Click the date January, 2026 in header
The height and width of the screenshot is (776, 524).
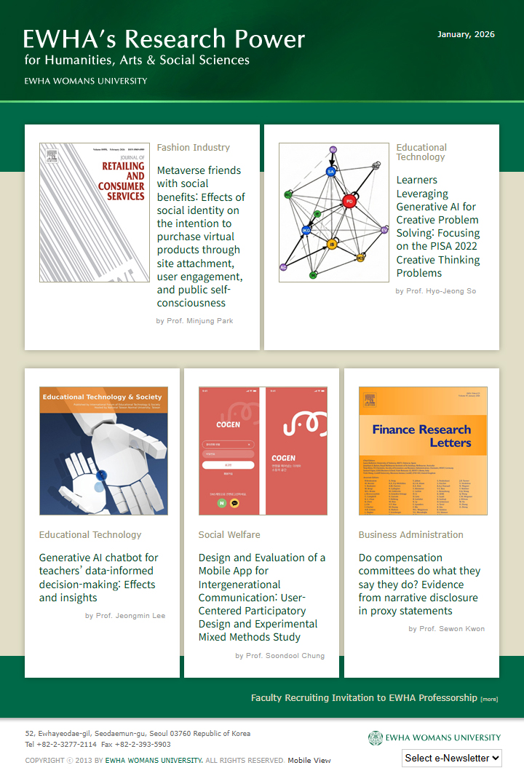point(466,34)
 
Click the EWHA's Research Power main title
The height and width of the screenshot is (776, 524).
point(164,39)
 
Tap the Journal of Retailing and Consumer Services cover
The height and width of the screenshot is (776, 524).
point(94,212)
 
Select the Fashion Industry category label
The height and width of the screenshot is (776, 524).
point(193,148)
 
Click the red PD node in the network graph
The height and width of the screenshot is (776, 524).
point(349,201)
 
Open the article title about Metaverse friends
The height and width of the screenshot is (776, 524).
point(200,237)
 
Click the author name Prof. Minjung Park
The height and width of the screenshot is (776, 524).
point(194,320)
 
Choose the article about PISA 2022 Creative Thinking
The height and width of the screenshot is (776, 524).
point(437,226)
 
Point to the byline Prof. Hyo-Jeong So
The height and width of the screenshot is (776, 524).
point(435,291)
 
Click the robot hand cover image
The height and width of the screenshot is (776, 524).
point(103,451)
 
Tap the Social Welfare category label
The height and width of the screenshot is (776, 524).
point(229,535)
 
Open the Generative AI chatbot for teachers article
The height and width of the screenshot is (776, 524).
point(98,577)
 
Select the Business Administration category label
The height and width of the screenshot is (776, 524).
point(410,535)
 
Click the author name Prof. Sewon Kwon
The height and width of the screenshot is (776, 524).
point(446,629)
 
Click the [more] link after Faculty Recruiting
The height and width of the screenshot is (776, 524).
point(489,700)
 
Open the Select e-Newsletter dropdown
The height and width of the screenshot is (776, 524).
point(452,758)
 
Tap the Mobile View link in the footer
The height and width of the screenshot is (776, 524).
point(309,761)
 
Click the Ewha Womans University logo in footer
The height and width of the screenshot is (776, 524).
point(434,737)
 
